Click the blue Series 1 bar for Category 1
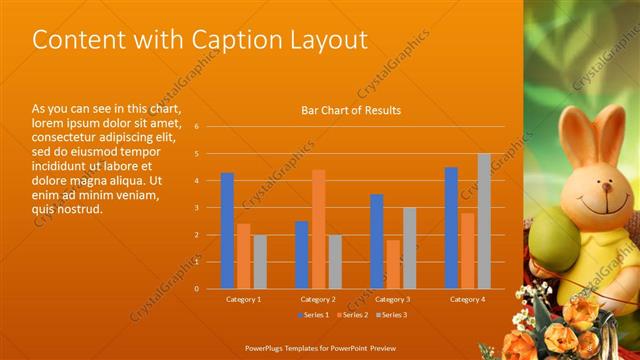click(x=227, y=230)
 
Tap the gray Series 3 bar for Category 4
click(x=484, y=221)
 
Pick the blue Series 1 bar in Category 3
click(x=377, y=241)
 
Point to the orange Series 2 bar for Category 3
click(x=393, y=264)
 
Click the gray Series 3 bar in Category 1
click(x=260, y=261)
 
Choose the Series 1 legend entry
click(x=314, y=315)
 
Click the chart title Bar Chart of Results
click(x=351, y=110)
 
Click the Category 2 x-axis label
click(x=318, y=299)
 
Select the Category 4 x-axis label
click(x=467, y=299)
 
